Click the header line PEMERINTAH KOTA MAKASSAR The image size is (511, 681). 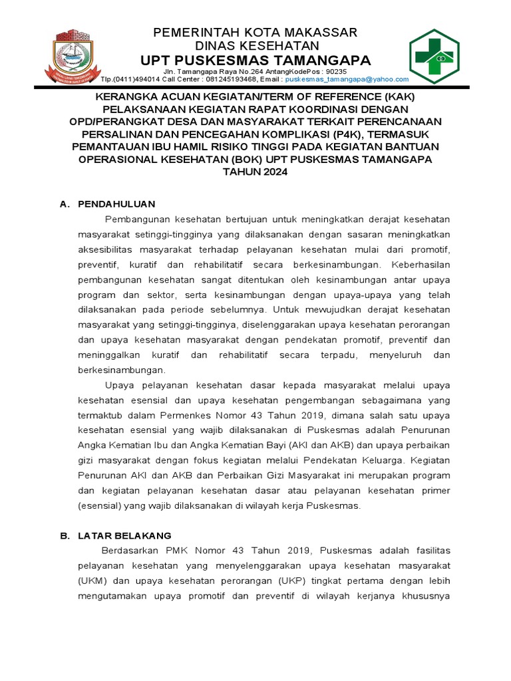coord(255,33)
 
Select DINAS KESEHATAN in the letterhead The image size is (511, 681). coord(256,46)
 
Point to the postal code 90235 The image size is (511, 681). coord(334,71)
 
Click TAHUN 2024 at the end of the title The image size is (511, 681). coord(255,172)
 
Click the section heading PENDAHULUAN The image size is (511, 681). coord(116,204)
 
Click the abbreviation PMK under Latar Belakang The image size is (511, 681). coord(167,550)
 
